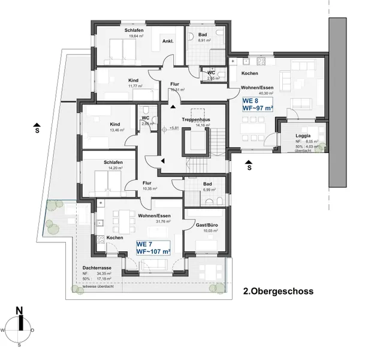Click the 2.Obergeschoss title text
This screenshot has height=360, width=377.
(x=278, y=292)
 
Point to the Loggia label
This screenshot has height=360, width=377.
(x=295, y=136)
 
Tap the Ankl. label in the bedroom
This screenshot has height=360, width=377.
(x=168, y=41)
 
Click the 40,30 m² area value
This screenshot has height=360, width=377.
(x=265, y=94)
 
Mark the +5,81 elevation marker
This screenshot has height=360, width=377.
(x=174, y=128)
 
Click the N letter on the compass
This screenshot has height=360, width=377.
(x=20, y=311)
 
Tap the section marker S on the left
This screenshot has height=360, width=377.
(x=37, y=128)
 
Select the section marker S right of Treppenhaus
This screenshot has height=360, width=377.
(x=249, y=169)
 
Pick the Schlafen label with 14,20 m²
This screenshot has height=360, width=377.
(x=113, y=162)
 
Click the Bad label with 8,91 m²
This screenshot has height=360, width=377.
(x=203, y=35)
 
